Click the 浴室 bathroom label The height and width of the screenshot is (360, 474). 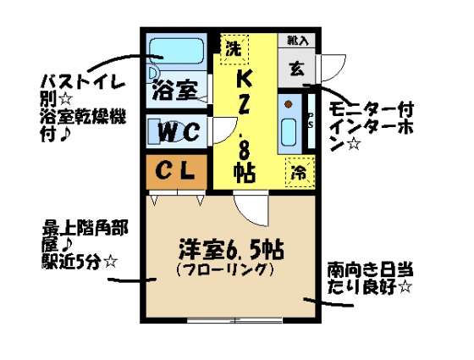coord(175,90)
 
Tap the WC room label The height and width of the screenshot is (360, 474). coord(179,131)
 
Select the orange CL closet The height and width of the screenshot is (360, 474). coord(177,172)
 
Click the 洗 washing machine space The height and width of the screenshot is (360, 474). coord(234,49)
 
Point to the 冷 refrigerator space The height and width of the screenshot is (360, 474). coord(300,172)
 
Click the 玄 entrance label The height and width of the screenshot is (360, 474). coord(297,69)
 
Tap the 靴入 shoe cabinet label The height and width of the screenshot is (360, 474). coord(298,41)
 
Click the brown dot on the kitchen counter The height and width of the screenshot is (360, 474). coord(289,104)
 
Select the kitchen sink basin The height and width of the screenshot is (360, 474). coord(289,133)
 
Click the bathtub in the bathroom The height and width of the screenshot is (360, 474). coord(177,51)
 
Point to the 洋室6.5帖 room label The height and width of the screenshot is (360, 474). coord(231,250)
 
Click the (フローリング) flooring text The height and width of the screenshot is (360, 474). coord(225,269)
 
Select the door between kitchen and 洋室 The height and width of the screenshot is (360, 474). coord(251,208)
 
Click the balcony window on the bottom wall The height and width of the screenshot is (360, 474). coord(234,320)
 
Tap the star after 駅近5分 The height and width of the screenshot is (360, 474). coord(110,262)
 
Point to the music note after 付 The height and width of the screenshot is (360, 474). coord(63,134)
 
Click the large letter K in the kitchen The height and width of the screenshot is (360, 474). coord(245,80)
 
